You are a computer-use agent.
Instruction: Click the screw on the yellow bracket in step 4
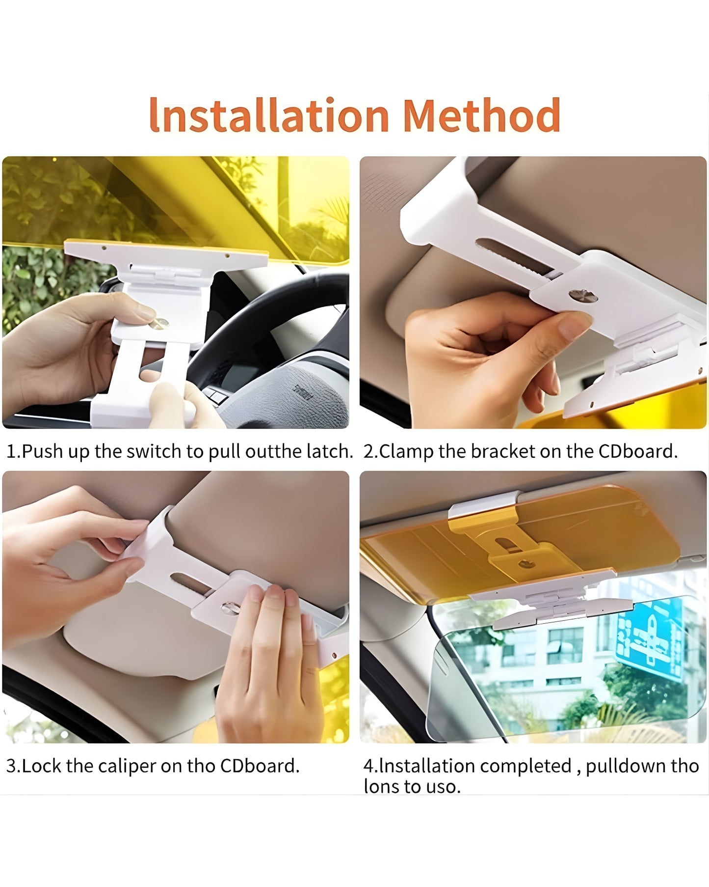tap(528, 563)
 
